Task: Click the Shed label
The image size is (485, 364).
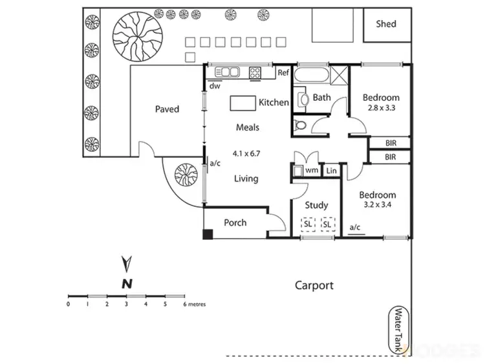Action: coord(385,24)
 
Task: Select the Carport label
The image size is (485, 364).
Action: coord(314,284)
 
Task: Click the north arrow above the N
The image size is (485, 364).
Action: coord(127,264)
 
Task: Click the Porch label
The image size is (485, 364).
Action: coord(235,222)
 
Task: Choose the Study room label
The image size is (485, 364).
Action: coord(316,205)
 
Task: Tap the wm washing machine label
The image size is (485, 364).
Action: coord(312,171)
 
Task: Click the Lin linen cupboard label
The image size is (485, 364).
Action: coord(331,171)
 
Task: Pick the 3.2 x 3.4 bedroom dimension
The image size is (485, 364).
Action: coord(378,206)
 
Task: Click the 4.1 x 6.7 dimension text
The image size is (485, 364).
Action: coord(246,153)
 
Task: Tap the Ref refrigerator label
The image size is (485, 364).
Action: coord(283,73)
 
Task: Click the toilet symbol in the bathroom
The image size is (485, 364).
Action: coord(299,124)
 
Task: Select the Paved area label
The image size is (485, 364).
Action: coord(167,109)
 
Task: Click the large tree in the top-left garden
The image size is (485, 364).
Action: coord(136,36)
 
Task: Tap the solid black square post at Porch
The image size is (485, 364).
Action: coord(208,234)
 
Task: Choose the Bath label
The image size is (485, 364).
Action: coord(322,98)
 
